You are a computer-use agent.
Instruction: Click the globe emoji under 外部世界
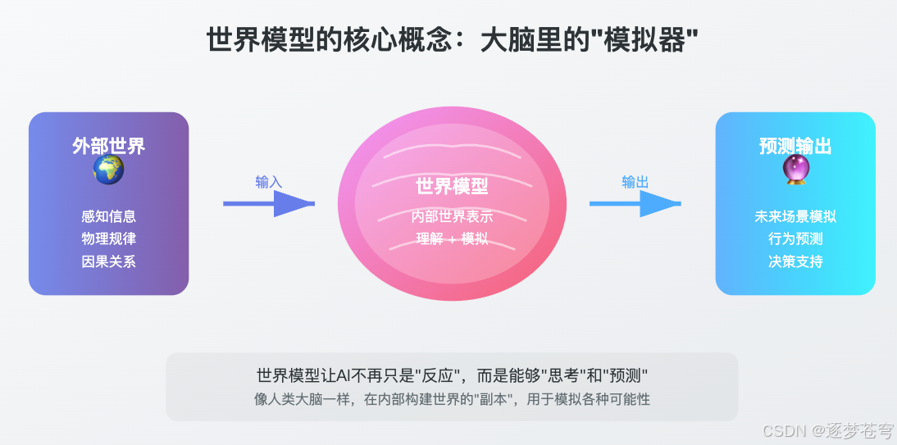[108, 170]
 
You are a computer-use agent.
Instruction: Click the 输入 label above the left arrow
[269, 182]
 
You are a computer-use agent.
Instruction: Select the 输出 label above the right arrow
[635, 182]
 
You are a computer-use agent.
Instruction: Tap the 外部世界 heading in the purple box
[108, 147]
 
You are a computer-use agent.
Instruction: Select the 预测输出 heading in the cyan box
[795, 147]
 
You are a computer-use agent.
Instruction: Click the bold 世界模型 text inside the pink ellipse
[452, 187]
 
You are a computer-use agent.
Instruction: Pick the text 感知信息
[108, 216]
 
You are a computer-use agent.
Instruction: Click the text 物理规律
[108, 239]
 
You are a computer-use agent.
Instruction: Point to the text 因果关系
[108, 262]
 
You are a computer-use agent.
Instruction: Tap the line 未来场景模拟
[795, 216]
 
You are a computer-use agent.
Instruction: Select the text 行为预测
[795, 239]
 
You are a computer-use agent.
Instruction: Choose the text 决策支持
[795, 262]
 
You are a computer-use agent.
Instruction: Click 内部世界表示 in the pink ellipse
[452, 217]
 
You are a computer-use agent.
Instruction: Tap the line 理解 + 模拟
[452, 239]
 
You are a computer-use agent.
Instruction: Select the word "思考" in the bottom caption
[559, 376]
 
